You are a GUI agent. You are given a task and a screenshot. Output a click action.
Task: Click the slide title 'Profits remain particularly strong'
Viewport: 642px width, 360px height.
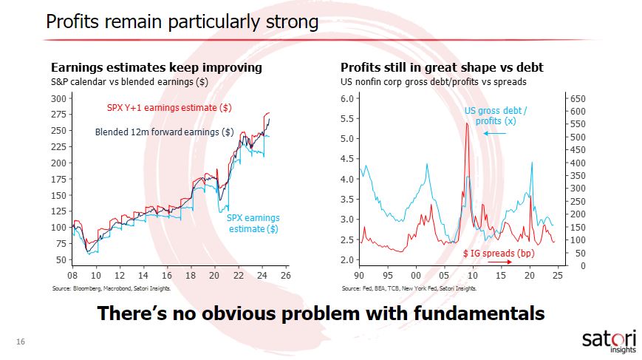182,22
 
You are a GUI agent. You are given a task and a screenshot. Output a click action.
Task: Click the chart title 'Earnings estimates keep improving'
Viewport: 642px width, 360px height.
156,68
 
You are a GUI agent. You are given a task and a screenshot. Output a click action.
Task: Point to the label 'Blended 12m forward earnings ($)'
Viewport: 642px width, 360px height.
165,132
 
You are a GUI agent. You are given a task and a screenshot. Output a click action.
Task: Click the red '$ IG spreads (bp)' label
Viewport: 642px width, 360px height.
498,253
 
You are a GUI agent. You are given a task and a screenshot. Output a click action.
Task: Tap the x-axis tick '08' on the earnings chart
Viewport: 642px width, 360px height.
72,274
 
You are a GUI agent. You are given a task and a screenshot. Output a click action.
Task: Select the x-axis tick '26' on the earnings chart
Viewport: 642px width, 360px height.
285,274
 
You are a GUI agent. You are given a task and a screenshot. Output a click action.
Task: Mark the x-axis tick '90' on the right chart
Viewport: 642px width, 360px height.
360,274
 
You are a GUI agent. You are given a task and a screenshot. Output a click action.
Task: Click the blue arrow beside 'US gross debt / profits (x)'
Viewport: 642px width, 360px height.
495,133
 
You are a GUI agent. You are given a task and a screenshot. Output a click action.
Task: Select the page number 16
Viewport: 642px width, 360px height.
21,342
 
